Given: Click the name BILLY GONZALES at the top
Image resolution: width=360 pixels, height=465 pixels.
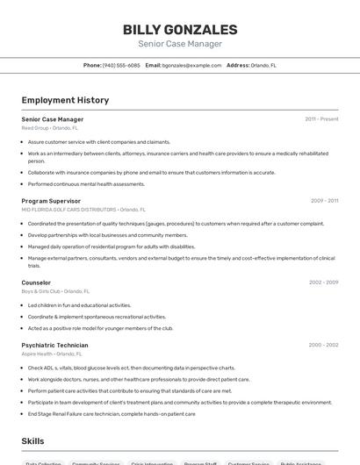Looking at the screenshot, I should pyautogui.click(x=180, y=29).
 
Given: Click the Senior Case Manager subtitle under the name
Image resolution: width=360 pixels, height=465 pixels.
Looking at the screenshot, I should pyautogui.click(x=180, y=44).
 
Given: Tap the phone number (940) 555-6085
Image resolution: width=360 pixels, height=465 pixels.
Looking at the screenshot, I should pyautogui.click(x=121, y=65).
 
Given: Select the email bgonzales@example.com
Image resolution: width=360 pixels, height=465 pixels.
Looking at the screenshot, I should pyautogui.click(x=191, y=65).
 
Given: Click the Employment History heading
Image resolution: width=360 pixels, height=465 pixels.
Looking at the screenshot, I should pyautogui.click(x=65, y=100).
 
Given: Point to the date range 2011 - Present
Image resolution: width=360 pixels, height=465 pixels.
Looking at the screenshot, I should pyautogui.click(x=321, y=118).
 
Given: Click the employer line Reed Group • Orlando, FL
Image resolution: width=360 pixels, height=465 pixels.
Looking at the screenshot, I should pyautogui.click(x=50, y=127).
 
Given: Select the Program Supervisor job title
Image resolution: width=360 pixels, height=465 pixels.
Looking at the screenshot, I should pyautogui.click(x=51, y=201).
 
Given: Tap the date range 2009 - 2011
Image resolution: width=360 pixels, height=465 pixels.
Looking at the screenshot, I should pyautogui.click(x=324, y=201).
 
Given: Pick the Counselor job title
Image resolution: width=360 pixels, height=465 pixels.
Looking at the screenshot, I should pyautogui.click(x=36, y=283).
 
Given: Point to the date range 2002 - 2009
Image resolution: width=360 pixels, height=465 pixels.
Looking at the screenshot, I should pyautogui.click(x=323, y=283).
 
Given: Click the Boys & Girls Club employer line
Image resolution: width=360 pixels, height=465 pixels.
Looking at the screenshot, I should pyautogui.click(x=55, y=291).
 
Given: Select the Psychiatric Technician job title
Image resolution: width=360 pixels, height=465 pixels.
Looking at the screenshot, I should pyautogui.click(x=54, y=345).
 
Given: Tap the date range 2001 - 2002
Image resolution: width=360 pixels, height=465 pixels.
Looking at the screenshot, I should pyautogui.click(x=324, y=345).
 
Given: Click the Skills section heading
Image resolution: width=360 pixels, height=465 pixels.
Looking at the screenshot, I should pyautogui.click(x=32, y=441).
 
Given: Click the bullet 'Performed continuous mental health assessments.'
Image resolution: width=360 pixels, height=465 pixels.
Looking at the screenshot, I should pyautogui.click(x=86, y=184).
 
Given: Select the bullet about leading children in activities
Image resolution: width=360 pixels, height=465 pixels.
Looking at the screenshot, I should pyautogui.click(x=80, y=305).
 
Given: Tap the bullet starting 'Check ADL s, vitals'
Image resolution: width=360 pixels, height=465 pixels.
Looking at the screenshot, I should pyautogui.click(x=132, y=368).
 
